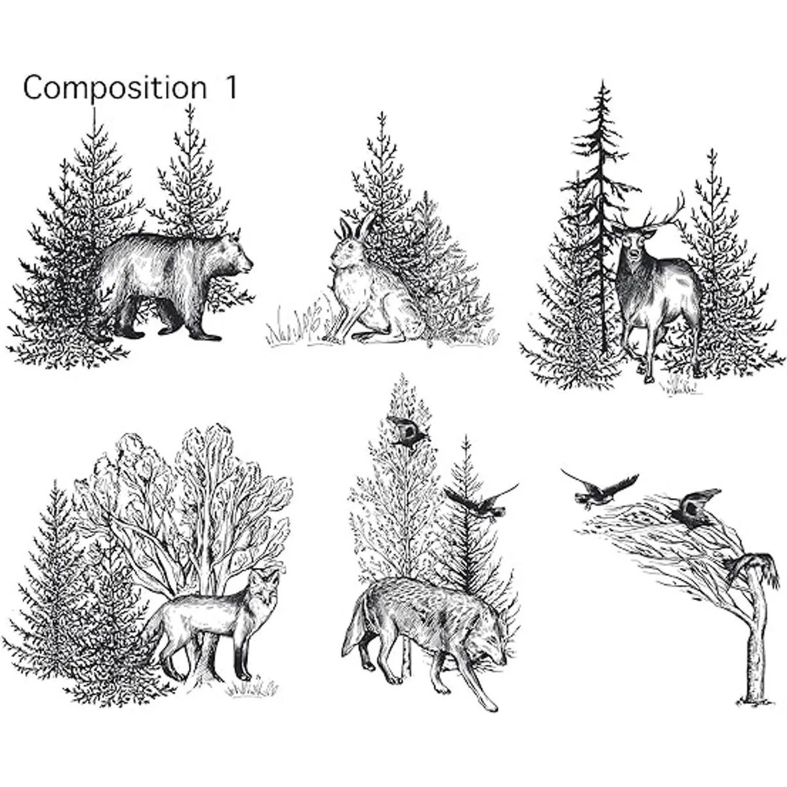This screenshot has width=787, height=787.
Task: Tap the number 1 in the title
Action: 228,88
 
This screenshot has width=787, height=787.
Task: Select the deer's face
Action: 631,246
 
